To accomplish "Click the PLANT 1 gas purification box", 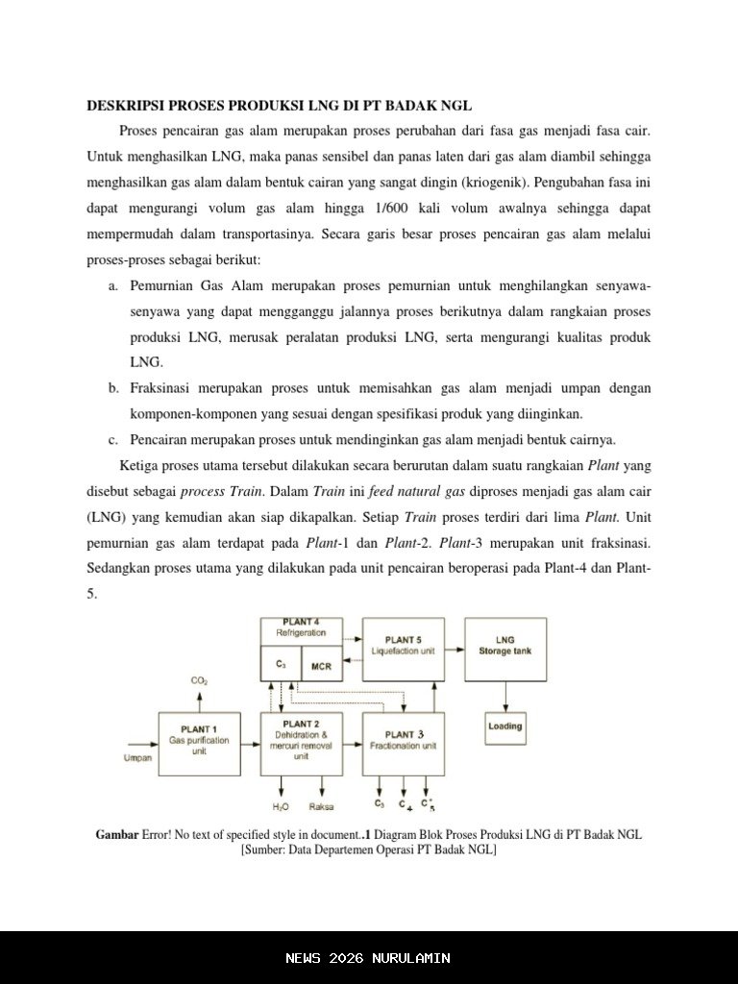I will pyautogui.click(x=200, y=744).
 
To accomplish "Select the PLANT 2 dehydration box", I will pyautogui.click(x=301, y=744).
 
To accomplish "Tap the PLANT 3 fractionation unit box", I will pyautogui.click(x=404, y=744).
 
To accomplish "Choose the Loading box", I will pyautogui.click(x=505, y=726).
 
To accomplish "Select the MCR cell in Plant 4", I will pyautogui.click(x=321, y=665).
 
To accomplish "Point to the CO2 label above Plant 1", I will pyautogui.click(x=199, y=681).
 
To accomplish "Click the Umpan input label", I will pyautogui.click(x=137, y=759).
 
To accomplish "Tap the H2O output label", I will pyautogui.click(x=281, y=807).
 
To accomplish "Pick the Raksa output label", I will pyautogui.click(x=321, y=807).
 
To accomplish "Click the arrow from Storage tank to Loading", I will pyautogui.click(x=505, y=697).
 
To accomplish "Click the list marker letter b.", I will pyautogui.click(x=113, y=389).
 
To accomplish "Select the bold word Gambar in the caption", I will pyautogui.click(x=116, y=835).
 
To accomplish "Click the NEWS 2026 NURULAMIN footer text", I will pyautogui.click(x=368, y=958).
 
